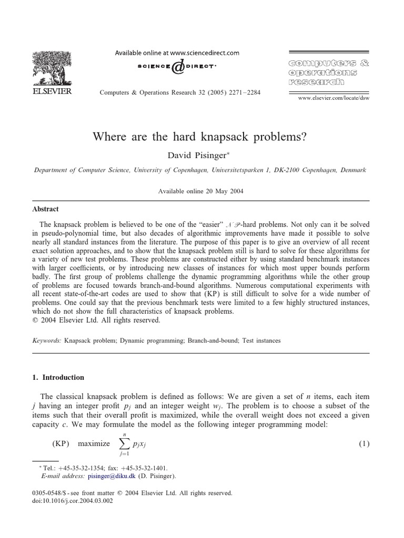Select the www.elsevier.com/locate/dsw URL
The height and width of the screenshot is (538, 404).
click(334, 98)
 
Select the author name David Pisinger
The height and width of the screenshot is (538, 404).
click(200, 154)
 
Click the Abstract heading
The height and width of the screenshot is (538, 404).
click(46, 209)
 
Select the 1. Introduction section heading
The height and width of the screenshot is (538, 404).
click(58, 377)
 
